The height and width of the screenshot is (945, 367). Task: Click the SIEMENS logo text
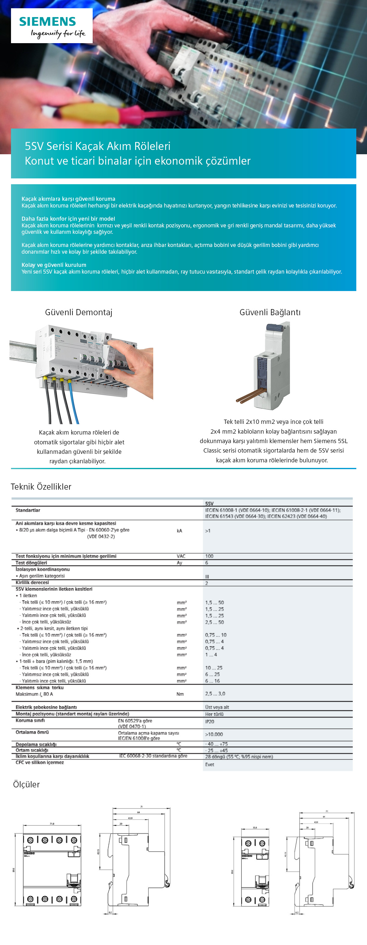point(47,22)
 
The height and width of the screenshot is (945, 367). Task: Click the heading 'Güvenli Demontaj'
point(79,312)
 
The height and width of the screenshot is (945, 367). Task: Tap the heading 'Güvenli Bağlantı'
point(270,312)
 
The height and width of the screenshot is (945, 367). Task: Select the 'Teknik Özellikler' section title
point(41,487)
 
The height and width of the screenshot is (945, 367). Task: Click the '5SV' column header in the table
point(209,504)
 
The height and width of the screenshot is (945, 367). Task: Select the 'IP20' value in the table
point(210,722)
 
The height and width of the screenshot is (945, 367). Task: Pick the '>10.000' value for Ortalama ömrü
point(214,734)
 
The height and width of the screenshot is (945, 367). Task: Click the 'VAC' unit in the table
point(181,556)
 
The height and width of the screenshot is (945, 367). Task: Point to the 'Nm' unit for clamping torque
point(180,694)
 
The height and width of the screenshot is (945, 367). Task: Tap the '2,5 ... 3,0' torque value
point(215,694)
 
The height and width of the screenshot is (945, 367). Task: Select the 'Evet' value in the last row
point(210,764)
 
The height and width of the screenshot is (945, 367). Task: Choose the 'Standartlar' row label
point(28,510)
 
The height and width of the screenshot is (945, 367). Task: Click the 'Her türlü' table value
point(214,714)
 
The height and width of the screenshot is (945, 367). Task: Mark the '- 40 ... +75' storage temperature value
point(216,744)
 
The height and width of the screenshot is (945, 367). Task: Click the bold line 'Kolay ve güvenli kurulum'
point(54,265)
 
